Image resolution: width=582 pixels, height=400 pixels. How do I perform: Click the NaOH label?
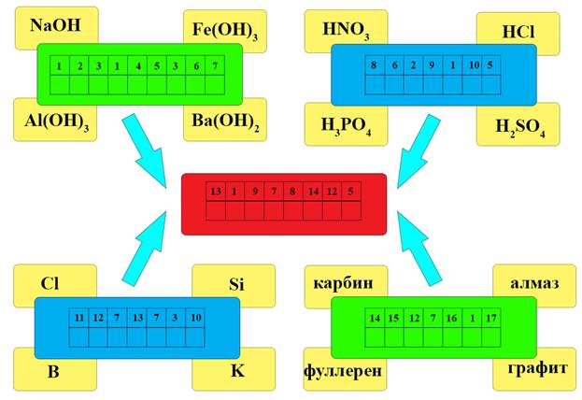[56, 27]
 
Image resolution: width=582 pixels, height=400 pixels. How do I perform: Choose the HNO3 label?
[345, 32]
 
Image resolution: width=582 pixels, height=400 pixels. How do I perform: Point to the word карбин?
[344, 282]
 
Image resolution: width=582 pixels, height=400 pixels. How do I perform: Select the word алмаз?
[531, 282]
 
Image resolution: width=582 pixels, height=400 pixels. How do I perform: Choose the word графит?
[531, 368]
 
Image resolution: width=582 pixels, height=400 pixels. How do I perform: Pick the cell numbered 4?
[137, 66]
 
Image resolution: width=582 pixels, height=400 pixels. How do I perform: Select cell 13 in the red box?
[216, 193]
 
